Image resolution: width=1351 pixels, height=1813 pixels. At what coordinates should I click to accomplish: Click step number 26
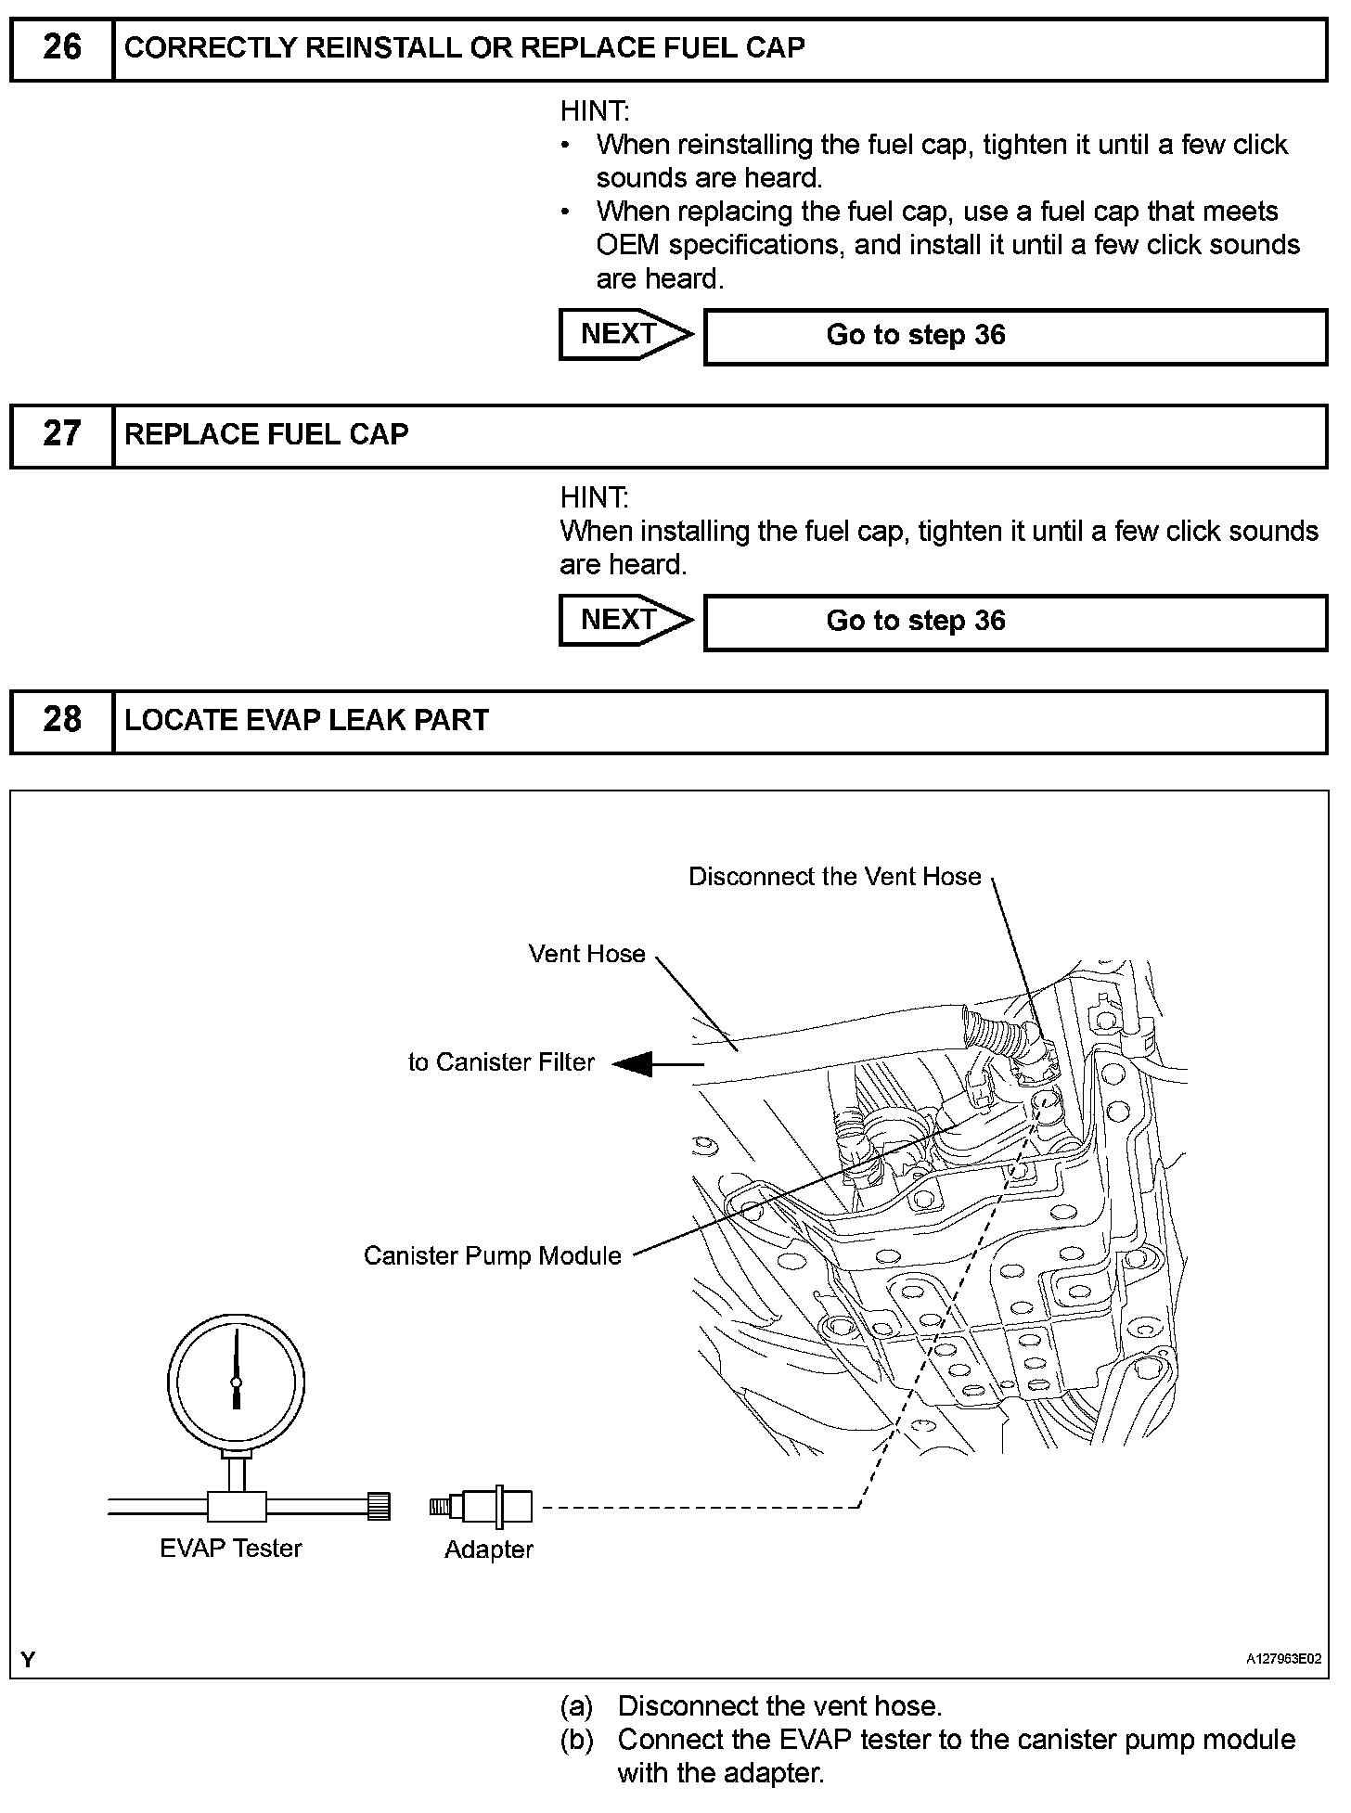point(61,48)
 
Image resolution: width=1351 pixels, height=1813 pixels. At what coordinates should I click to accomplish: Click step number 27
point(61,434)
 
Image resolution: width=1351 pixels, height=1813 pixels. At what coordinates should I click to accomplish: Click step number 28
point(61,720)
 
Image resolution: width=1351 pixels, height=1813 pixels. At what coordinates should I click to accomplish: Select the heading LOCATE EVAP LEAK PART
point(306,721)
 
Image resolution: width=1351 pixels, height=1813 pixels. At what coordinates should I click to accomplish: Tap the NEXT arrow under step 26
point(624,334)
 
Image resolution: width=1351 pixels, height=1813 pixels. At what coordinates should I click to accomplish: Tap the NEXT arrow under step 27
point(624,620)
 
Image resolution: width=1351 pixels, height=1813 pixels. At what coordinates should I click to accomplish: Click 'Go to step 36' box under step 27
point(1015,622)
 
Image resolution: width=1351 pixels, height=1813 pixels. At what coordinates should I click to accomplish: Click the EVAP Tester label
point(231,1548)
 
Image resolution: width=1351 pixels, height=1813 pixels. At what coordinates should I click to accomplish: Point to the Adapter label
point(489,1549)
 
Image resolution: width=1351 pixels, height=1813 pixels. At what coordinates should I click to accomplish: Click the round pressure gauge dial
point(236,1382)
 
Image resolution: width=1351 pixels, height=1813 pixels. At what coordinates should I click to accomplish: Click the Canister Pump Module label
point(493,1255)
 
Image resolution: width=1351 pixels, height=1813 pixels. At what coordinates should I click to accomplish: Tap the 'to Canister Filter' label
point(501,1062)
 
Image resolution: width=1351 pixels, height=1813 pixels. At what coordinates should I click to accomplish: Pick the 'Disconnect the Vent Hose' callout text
point(834,877)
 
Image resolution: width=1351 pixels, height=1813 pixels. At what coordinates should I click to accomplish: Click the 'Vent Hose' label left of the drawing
point(586,954)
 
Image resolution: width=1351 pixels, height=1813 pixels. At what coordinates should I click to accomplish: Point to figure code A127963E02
point(1283,1659)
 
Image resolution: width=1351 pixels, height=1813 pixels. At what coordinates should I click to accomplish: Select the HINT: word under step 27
point(594,498)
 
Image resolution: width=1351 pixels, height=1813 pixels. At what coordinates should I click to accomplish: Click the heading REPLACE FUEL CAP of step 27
point(266,435)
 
